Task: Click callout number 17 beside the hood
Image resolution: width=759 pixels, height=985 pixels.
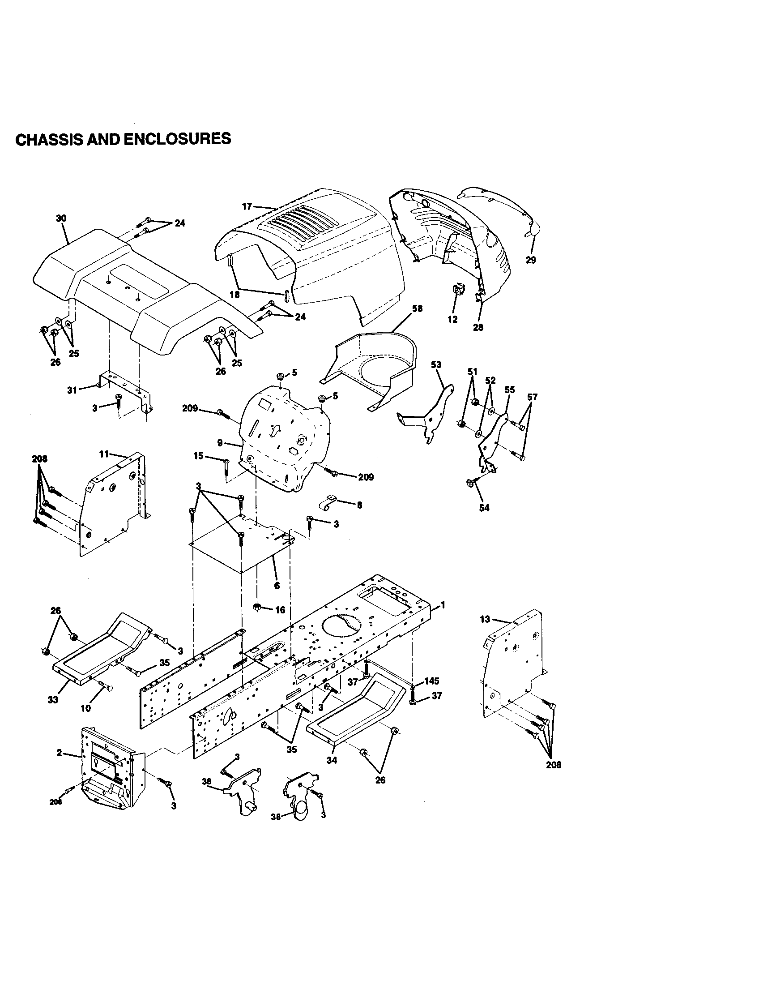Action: tap(247, 206)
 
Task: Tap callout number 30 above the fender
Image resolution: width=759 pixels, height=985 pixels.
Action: tap(61, 218)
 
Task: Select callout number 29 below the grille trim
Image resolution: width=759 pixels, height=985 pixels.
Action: tap(531, 260)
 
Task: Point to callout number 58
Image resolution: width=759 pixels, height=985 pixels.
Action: tap(418, 308)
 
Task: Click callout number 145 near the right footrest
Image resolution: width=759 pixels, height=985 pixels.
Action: tap(432, 681)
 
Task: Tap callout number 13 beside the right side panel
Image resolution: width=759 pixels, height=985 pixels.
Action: tap(485, 619)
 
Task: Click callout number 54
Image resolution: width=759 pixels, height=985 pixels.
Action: tap(484, 508)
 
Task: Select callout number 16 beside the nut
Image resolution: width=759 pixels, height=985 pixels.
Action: tap(280, 610)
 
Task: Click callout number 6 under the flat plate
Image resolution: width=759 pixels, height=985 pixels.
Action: tap(277, 586)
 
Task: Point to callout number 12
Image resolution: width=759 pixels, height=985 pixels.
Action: tap(452, 319)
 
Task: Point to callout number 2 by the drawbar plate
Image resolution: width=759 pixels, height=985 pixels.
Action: tap(60, 753)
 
